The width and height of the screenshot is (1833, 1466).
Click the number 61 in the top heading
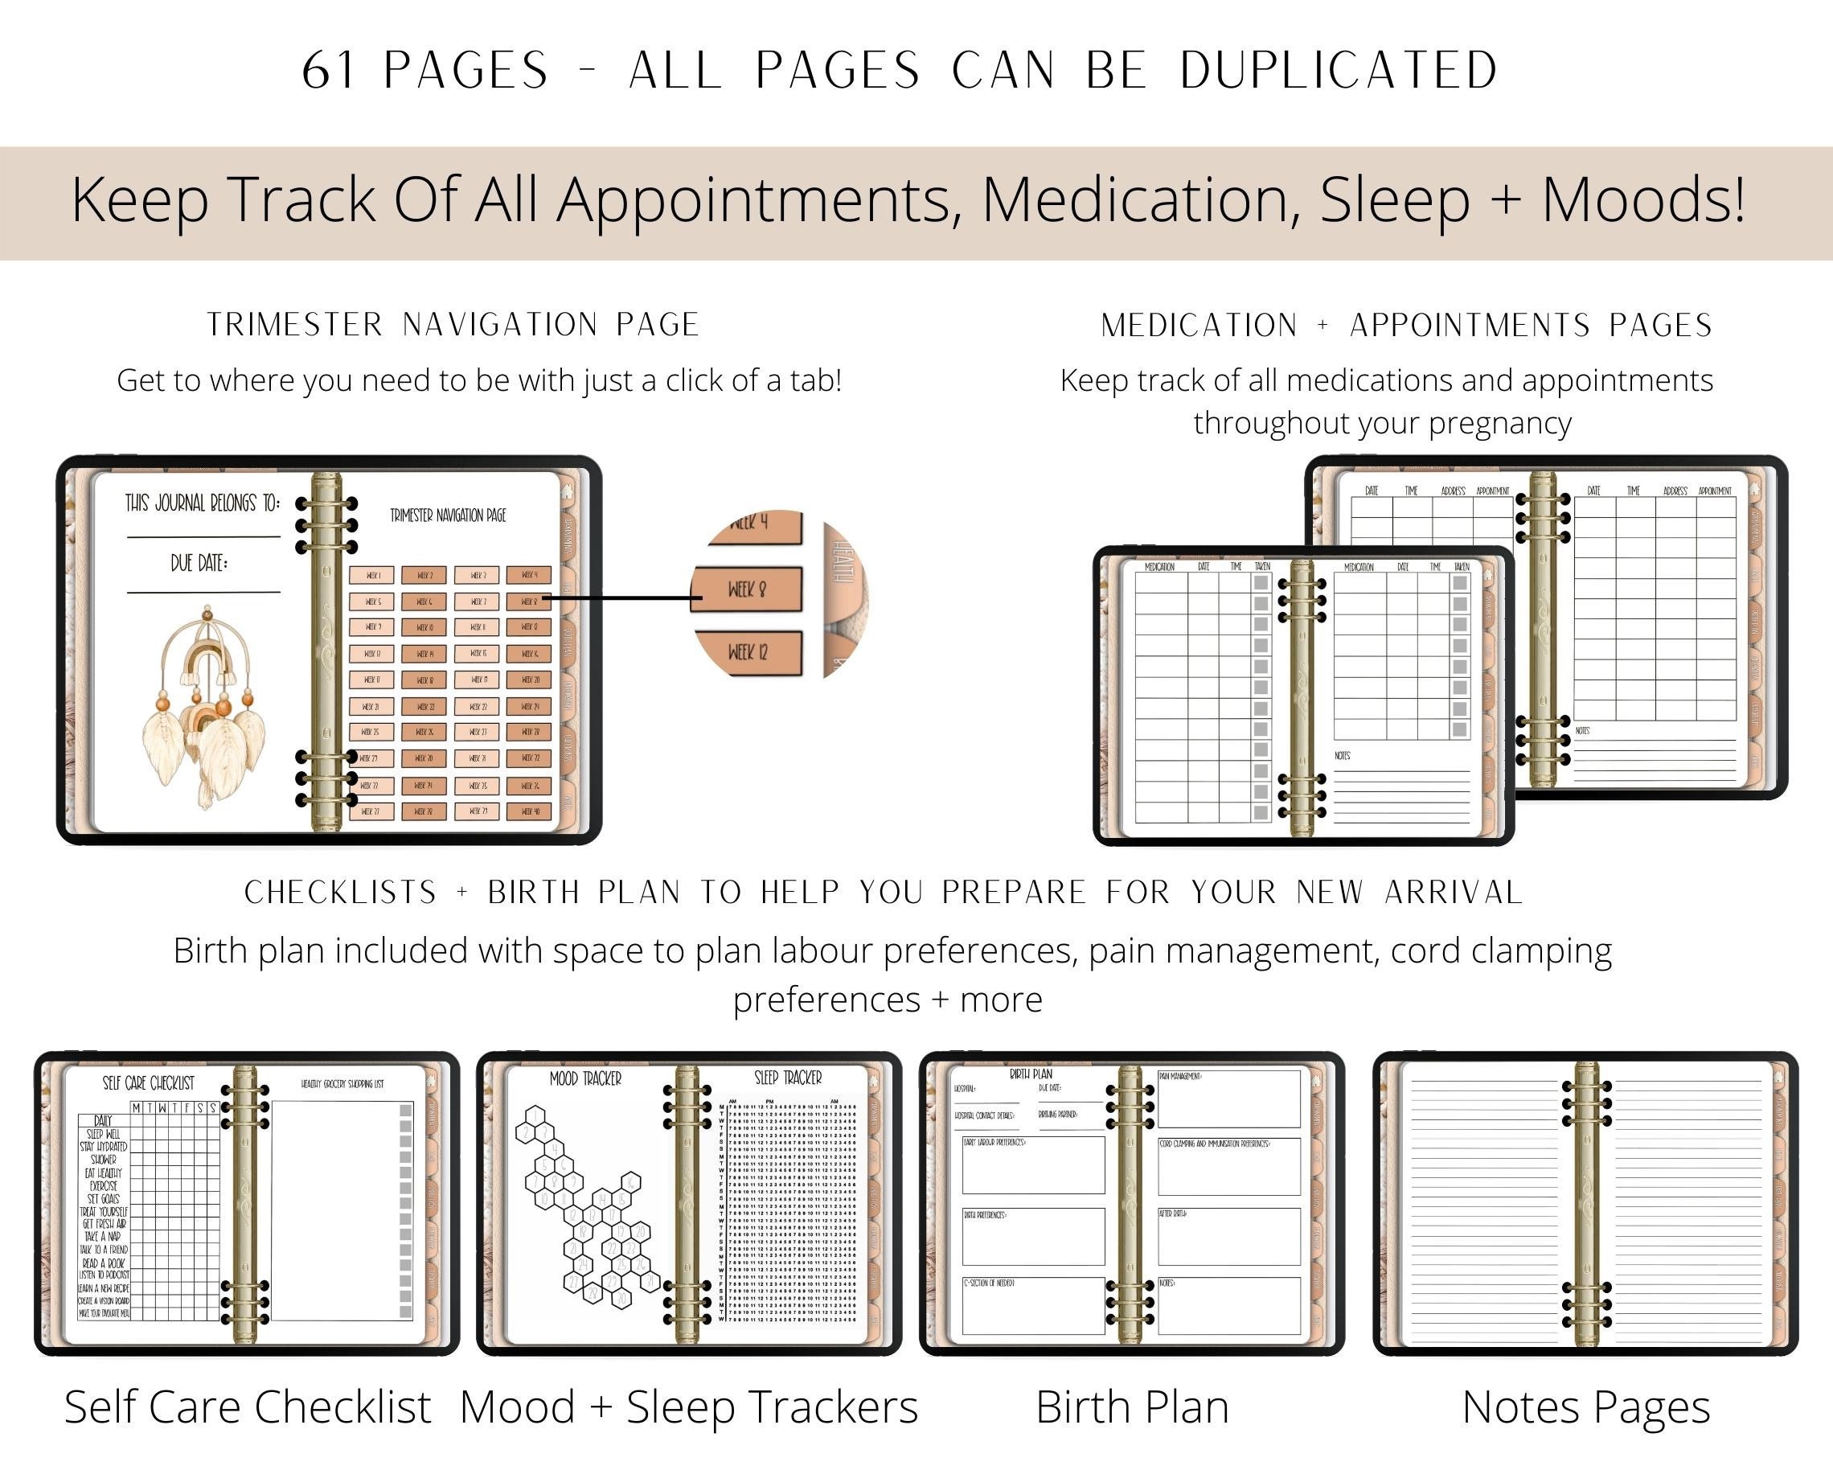pyautogui.click(x=328, y=70)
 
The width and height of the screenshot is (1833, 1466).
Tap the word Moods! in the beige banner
pyautogui.click(x=1642, y=201)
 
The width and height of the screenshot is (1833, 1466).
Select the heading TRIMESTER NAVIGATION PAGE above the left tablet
pyautogui.click(x=453, y=325)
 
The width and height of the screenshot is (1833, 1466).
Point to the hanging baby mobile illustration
pyautogui.click(x=207, y=706)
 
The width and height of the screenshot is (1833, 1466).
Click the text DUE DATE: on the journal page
pyautogui.click(x=199, y=563)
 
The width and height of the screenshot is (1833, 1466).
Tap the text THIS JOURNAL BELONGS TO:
pyautogui.click(x=203, y=503)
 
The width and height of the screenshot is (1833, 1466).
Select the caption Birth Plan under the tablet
pyautogui.click(x=1132, y=1407)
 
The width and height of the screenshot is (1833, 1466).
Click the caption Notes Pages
pyautogui.click(x=1585, y=1407)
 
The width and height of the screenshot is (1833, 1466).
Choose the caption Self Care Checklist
pyautogui.click(x=248, y=1407)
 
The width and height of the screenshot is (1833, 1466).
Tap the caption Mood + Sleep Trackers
pyautogui.click(x=689, y=1407)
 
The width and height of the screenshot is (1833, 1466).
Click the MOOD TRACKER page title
pyautogui.click(x=585, y=1079)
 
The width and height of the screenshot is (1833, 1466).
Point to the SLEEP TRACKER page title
pyautogui.click(x=788, y=1078)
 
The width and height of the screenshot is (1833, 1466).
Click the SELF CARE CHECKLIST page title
pyautogui.click(x=149, y=1083)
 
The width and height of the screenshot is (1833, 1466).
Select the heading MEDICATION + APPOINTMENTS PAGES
pyautogui.click(x=1406, y=326)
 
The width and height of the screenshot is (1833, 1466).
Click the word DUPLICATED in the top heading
pyautogui.click(x=1339, y=70)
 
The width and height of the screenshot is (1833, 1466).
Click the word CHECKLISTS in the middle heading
pyautogui.click(x=340, y=892)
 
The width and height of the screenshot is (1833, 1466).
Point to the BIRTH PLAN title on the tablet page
pyautogui.click(x=1031, y=1075)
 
